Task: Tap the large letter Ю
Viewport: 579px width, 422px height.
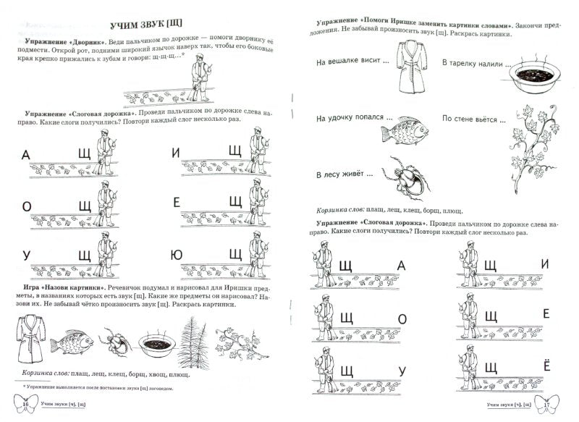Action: tap(177, 255)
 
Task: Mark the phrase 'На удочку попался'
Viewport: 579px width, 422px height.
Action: tap(350, 118)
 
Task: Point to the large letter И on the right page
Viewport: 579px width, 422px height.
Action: tap(546, 264)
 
